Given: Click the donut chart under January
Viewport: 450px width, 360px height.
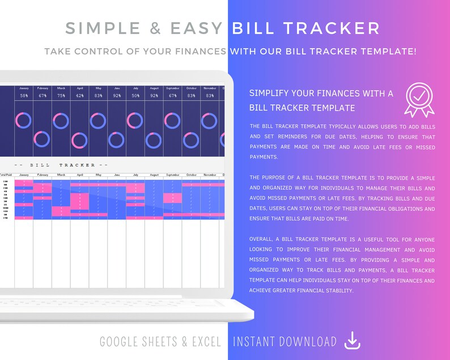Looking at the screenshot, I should (x=24, y=120).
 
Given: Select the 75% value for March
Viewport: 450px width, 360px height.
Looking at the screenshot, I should (x=61, y=95).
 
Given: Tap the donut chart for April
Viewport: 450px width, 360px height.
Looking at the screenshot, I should (x=79, y=139).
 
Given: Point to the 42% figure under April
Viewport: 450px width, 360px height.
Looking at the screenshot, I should (x=80, y=95).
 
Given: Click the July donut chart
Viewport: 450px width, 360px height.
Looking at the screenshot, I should (x=135, y=120).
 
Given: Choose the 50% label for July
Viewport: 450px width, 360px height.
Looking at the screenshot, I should (x=135, y=95).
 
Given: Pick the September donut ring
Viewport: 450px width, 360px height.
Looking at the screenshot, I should (x=172, y=120).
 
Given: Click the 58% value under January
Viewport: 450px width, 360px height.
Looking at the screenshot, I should (x=24, y=95).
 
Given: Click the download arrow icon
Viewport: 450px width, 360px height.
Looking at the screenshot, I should (x=353, y=341).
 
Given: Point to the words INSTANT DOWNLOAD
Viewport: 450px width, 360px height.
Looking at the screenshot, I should (x=285, y=341).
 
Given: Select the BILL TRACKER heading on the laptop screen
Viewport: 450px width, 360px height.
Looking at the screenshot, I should (x=62, y=165).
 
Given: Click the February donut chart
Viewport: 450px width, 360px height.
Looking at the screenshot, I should (x=43, y=139).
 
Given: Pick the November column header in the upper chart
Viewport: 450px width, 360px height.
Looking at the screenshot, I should (x=210, y=88).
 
